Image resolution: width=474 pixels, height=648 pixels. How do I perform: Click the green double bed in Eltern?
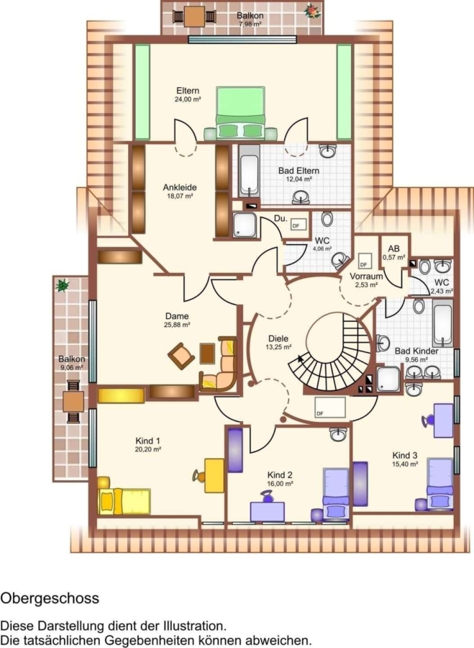240,112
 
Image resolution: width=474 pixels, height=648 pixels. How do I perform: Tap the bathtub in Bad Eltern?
249,171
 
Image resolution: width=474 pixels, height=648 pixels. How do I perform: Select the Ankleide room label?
180,188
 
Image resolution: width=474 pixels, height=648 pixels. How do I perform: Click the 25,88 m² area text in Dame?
177,325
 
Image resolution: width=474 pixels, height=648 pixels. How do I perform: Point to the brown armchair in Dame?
181,356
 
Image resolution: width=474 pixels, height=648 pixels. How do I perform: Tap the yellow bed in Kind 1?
124,501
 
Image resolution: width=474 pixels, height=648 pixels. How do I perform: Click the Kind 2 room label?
280,475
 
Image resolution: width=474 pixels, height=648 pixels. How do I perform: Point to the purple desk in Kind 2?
267,512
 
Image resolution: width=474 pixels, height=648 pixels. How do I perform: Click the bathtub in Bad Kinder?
442,323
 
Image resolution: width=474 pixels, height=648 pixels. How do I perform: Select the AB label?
393,249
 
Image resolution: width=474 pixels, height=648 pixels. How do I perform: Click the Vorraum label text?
366,276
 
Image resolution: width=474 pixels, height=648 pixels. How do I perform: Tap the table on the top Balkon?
195,17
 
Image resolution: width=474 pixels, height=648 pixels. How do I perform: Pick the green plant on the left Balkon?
63,285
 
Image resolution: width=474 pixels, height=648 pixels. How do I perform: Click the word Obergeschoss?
50,598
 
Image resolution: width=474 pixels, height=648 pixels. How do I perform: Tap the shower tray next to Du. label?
245,225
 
